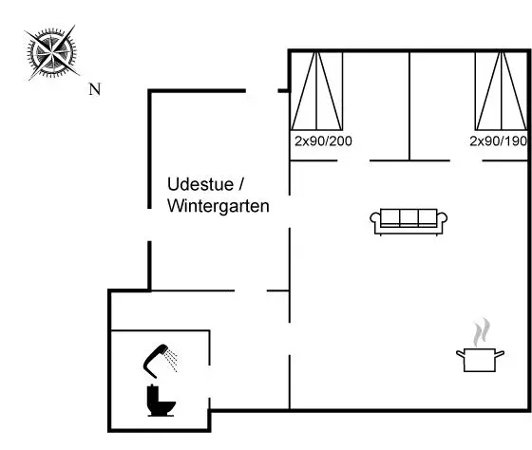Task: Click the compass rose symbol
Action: [x=52, y=53]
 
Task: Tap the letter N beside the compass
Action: [x=95, y=89]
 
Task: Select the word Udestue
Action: [x=200, y=184]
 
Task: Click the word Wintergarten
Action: [x=218, y=206]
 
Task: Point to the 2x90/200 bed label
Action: [x=323, y=141]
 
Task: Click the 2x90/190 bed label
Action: [x=498, y=141]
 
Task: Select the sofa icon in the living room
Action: [x=408, y=222]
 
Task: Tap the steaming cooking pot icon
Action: [x=480, y=345]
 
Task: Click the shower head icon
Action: [x=161, y=361]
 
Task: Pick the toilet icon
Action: [x=161, y=401]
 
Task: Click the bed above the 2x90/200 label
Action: [x=316, y=91]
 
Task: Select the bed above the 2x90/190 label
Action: [x=502, y=91]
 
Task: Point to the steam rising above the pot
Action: [x=482, y=331]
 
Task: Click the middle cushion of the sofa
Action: [x=408, y=217]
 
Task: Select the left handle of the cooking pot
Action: [x=460, y=355]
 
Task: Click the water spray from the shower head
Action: [x=171, y=360]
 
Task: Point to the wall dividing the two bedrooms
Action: [x=409, y=105]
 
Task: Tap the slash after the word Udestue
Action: [x=241, y=184]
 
